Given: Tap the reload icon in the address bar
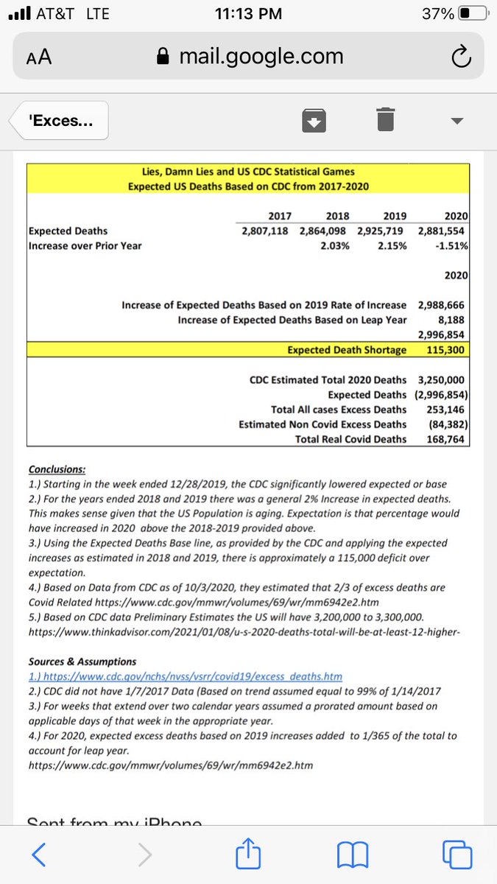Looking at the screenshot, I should click(x=459, y=56).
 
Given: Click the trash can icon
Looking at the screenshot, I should click(x=385, y=119).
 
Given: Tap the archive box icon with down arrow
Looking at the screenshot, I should click(x=315, y=120).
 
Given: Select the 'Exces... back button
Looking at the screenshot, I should click(x=59, y=120).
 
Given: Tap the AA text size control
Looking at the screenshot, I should click(x=39, y=57).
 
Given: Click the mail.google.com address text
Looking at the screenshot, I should click(x=261, y=56).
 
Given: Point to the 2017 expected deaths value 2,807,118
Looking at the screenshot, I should click(x=264, y=231).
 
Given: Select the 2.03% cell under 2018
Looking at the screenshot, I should click(x=335, y=245).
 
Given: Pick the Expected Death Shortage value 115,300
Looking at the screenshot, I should click(x=445, y=349).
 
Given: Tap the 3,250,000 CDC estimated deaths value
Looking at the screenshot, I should click(x=440, y=380).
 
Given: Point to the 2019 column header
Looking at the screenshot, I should click(x=395, y=216).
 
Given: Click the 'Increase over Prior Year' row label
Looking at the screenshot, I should click(x=85, y=245).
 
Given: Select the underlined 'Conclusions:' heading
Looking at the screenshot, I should click(x=57, y=469).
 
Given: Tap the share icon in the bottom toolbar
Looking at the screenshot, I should click(x=245, y=854).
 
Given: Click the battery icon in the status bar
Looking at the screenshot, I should click(x=472, y=14).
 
